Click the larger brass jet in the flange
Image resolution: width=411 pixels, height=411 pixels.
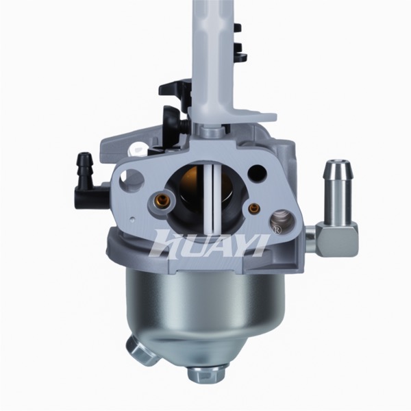pyautogui.click(x=161, y=201)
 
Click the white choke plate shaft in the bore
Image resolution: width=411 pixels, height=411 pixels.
pyautogui.click(x=212, y=196)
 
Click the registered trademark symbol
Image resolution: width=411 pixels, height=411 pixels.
pyautogui.click(x=277, y=229)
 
